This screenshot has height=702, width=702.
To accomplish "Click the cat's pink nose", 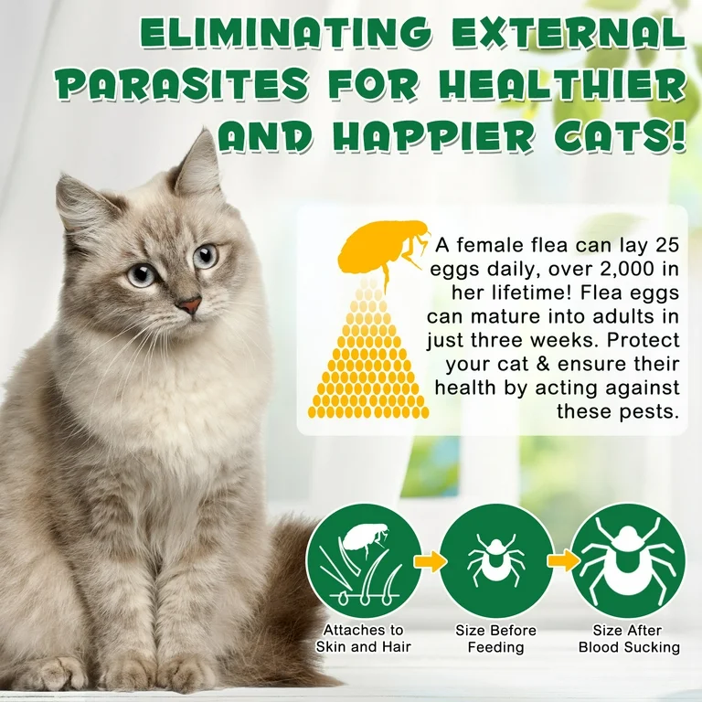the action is click(190, 306).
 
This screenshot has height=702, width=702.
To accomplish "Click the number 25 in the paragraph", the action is click(666, 245).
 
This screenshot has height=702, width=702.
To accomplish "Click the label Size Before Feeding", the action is click(495, 639).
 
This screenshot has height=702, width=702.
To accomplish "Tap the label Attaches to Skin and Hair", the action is click(363, 639).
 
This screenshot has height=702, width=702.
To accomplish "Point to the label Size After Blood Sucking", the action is click(629, 639).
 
